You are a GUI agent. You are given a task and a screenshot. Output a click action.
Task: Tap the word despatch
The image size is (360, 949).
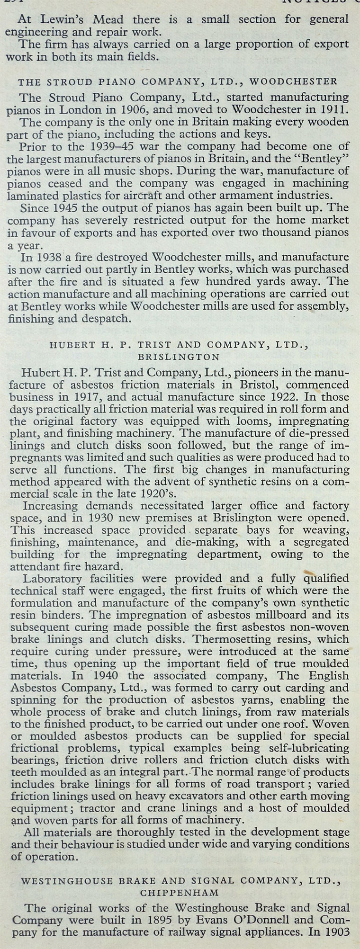point(108,318)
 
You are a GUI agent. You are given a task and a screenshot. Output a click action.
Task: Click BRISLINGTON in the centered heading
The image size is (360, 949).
point(179,357)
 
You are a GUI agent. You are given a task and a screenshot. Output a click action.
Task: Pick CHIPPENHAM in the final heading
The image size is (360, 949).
point(180,892)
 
